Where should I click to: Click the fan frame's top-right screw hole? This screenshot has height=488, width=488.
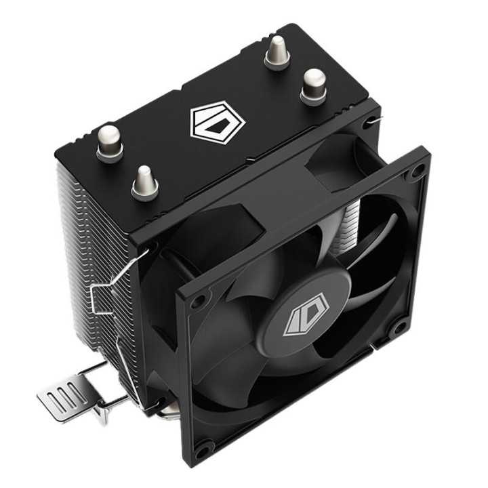[415, 172]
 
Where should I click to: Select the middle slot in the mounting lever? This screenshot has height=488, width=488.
[64, 394]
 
